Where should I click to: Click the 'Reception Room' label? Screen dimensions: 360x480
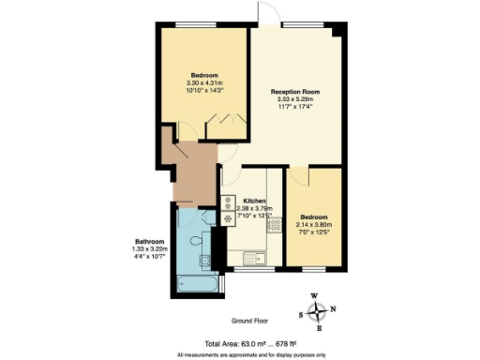point(295,92)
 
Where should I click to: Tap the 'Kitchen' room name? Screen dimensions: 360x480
point(256,202)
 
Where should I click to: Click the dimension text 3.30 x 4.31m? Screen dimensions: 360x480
point(204,83)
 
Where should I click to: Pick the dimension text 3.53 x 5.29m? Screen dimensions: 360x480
point(295,100)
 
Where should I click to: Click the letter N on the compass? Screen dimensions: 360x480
point(333,310)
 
